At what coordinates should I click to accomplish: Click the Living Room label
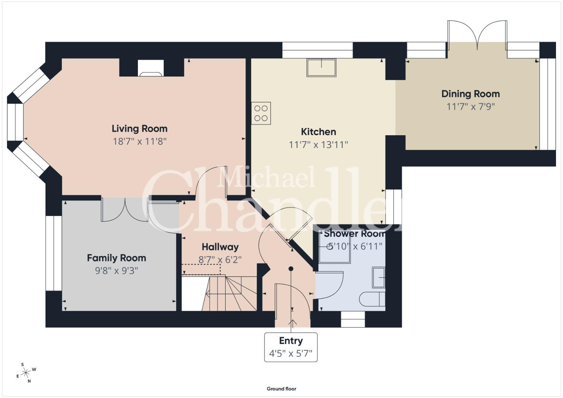coord(139,129)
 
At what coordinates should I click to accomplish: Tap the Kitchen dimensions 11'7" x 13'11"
coord(319,145)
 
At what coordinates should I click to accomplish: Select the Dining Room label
coord(470,94)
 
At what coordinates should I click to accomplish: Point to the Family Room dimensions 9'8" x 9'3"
coord(117,271)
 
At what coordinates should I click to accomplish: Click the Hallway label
coord(220,247)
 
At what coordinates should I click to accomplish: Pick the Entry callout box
coord(291,347)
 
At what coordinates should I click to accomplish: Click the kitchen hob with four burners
coord(261,113)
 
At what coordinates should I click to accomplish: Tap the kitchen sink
coord(322,67)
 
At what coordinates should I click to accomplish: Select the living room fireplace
coord(151,68)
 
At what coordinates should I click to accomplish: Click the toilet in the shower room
coord(372,299)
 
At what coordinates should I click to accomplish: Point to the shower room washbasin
coord(379,277)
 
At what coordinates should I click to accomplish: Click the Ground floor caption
coord(282,389)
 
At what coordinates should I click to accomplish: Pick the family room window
coord(54,253)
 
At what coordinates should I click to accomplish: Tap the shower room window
coord(353,320)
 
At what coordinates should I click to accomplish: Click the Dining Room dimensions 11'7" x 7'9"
coord(470,107)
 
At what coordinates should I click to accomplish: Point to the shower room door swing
coord(330,285)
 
